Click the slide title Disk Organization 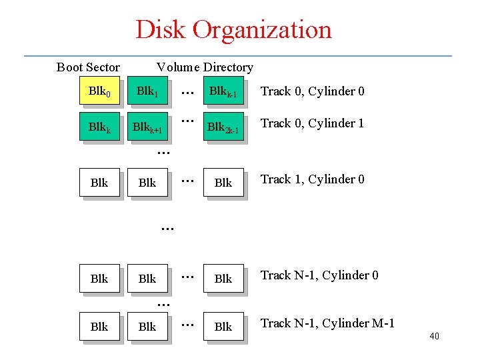tap(233, 30)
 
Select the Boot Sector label tap(88, 67)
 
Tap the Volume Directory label tap(205, 67)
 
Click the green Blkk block tap(99, 126)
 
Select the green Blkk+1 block tap(147, 126)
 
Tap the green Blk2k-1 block tap(223, 126)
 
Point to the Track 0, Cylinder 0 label tap(312, 91)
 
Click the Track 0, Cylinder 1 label tap(312, 123)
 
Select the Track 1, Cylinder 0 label tap(312, 179)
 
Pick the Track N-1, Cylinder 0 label tap(319, 275)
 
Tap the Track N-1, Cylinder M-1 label tap(327, 323)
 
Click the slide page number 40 tap(434, 337)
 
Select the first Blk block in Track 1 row tap(99, 183)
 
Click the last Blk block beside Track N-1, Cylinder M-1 tap(223, 327)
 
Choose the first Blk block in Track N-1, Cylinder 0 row tap(99, 279)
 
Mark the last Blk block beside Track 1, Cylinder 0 tap(223, 183)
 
